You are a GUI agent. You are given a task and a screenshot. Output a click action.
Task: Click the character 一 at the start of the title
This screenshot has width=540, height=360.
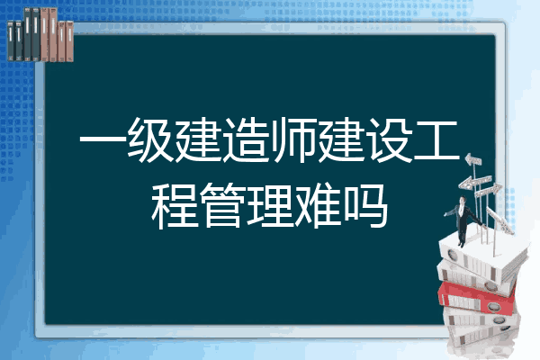(103, 140)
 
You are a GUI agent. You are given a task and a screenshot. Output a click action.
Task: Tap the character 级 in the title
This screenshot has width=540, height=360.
(150, 139)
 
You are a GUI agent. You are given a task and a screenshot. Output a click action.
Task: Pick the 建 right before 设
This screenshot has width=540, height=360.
(342, 139)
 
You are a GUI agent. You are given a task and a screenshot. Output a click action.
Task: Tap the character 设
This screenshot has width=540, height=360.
(390, 139)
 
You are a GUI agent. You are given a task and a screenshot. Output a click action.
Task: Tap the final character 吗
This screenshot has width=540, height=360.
(365, 206)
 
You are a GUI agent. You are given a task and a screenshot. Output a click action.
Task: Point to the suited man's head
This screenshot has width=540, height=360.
(463, 200)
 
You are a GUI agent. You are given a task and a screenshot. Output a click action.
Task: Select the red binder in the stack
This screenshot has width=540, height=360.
(477, 297)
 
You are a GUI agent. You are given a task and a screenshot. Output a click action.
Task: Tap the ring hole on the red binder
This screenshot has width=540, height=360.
(493, 306)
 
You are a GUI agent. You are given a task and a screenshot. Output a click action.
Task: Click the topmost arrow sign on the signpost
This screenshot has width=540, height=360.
(473, 159)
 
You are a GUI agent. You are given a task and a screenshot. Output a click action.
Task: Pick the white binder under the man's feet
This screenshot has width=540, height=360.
(482, 255)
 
